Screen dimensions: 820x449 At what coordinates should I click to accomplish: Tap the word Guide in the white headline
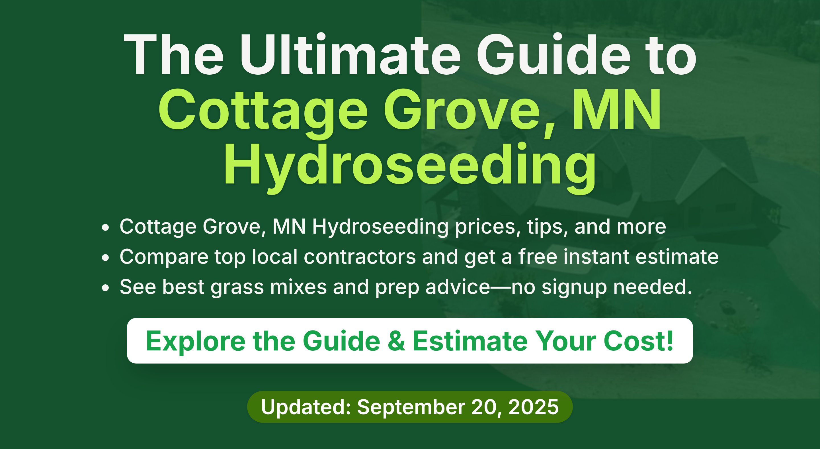click(553, 54)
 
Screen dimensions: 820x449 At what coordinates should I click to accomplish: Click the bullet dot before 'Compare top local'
click(105, 257)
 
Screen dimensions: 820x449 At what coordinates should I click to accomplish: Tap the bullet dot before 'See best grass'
click(105, 287)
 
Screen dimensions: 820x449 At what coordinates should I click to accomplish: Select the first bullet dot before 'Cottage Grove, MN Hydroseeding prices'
click(105, 227)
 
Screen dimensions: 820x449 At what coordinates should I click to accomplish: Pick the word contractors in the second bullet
click(360, 257)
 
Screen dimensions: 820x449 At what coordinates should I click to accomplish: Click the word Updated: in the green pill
click(306, 407)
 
